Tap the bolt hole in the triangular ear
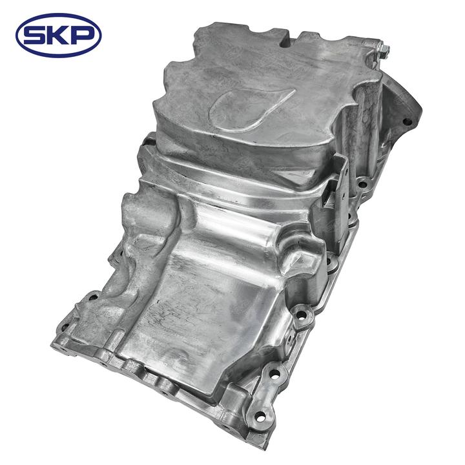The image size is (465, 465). pyautogui.click(x=407, y=121)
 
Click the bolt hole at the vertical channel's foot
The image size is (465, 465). pyautogui.click(x=362, y=185)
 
